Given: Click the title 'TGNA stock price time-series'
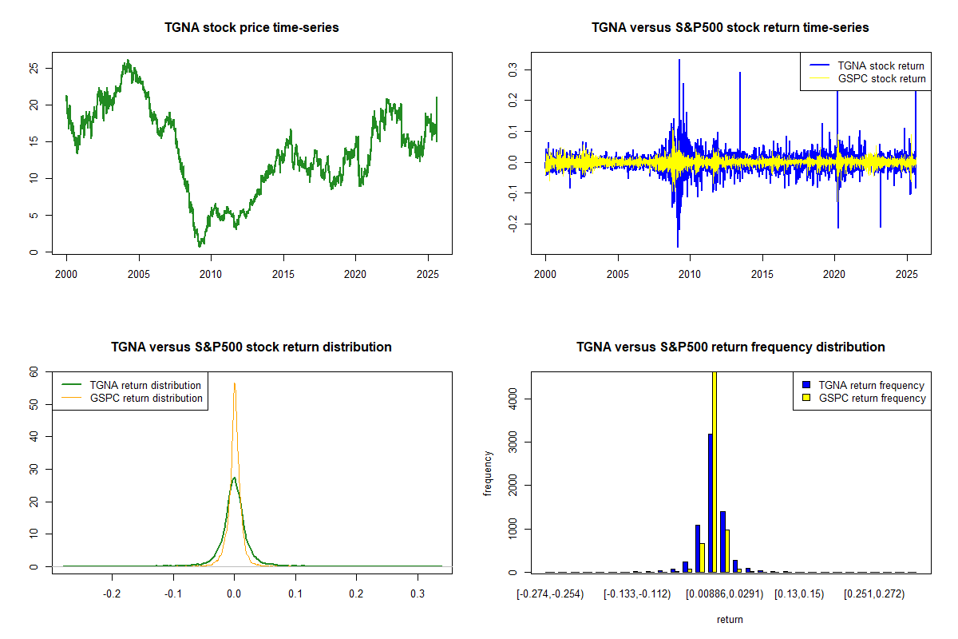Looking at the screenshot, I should pos(251,28).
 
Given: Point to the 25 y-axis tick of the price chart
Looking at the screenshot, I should pos(33,69).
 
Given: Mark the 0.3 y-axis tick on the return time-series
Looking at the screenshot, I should pos(512,69).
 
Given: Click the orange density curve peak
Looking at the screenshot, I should pos(234,383).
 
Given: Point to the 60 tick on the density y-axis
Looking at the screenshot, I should pos(33,371).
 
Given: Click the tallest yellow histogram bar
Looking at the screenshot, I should pos(714,471).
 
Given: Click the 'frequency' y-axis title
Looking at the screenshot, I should pos(488,474).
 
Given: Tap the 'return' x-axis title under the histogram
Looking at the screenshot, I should pos(730,619).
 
